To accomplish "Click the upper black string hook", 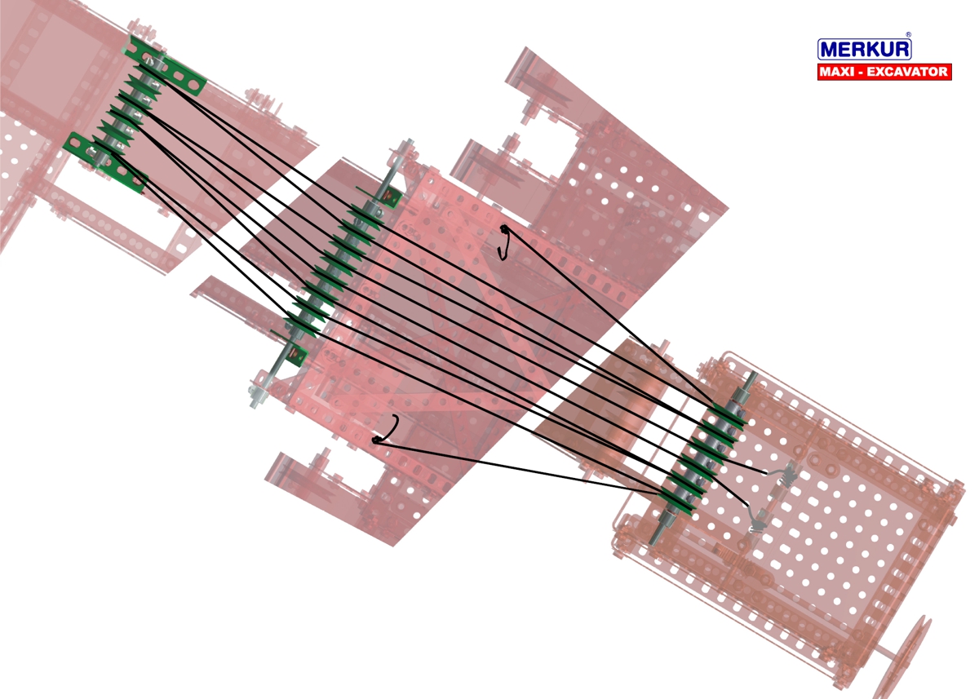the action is coord(504,242).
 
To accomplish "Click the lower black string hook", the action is coord(387,430).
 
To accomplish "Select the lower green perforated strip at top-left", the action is coord(105,162).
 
